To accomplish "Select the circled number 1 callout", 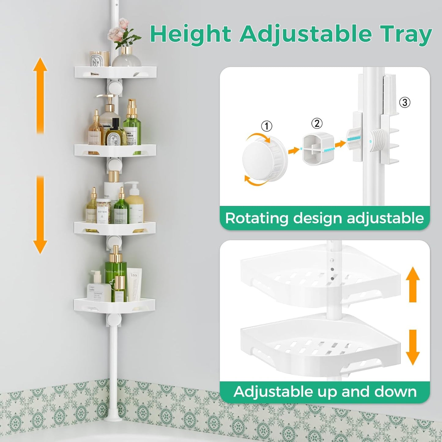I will point(266,126).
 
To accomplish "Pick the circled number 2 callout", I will point(317,123).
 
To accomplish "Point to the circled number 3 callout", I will point(404,102).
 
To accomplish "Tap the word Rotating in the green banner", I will point(257,218).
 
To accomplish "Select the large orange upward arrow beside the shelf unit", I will point(40,95).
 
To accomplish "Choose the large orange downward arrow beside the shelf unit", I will point(40,214).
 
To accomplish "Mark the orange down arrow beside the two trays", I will point(413,347).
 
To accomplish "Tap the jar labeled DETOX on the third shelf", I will point(103,211).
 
